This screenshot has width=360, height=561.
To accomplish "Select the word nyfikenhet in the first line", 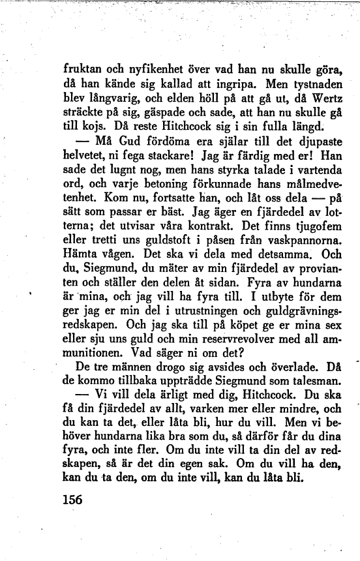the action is (x=146, y=68).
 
